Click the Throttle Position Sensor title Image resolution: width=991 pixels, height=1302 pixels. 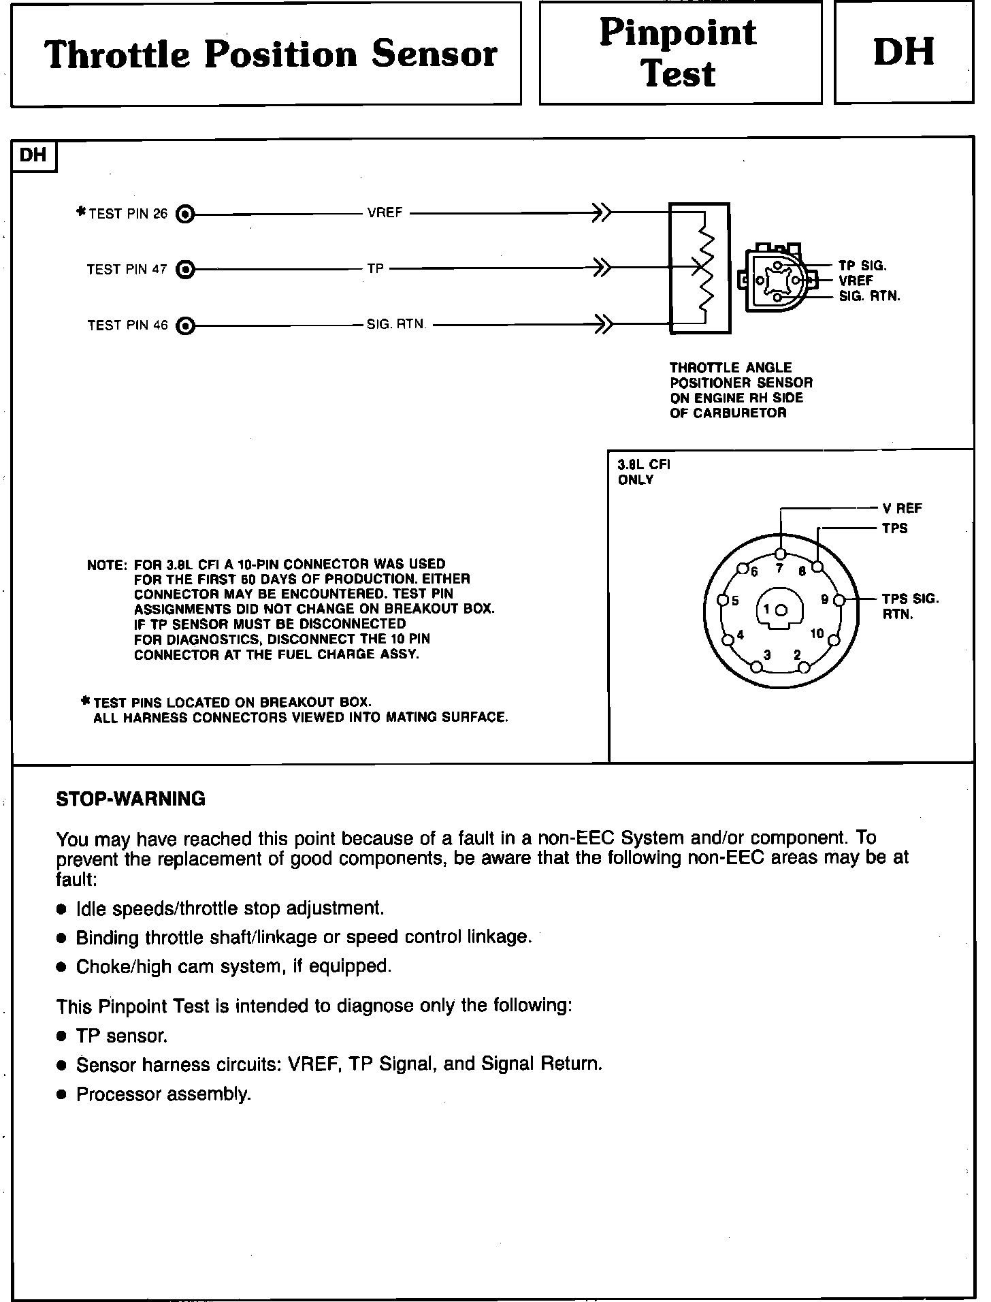(271, 54)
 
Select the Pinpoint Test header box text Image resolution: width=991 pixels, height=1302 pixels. (679, 53)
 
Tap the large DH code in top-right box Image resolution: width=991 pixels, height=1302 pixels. (903, 52)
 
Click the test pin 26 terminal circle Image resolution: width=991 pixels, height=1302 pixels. (184, 215)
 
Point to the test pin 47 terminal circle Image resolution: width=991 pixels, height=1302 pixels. (184, 270)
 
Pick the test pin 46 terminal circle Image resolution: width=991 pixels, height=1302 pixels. (184, 325)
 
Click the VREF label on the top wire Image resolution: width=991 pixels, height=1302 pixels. (385, 213)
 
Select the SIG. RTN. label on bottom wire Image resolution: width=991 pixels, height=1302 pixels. (396, 325)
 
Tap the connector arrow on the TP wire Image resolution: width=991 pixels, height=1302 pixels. (602, 268)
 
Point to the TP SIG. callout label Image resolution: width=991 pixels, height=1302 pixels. (862, 266)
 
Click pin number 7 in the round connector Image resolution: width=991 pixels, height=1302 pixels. (780, 569)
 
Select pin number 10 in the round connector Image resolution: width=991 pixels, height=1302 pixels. (817, 634)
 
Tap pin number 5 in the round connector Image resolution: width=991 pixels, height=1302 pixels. (735, 601)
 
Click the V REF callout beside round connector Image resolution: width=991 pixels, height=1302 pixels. (902, 509)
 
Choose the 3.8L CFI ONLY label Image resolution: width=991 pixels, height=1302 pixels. (643, 472)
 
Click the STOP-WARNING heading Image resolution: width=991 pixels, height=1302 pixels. (131, 799)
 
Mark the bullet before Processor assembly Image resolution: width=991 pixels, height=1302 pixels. (62, 1095)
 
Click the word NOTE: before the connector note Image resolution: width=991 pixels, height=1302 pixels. (107, 565)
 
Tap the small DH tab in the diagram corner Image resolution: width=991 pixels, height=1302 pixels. (33, 155)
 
